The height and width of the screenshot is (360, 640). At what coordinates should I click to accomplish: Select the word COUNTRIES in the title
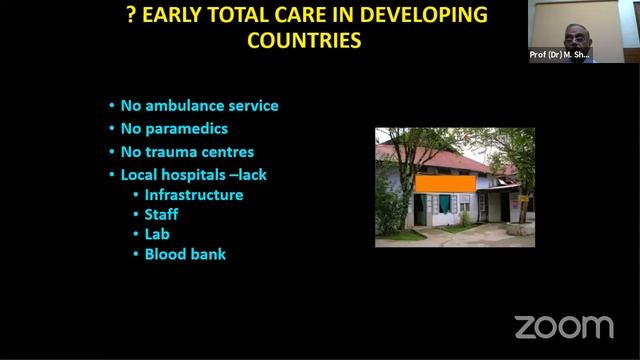coord(304,41)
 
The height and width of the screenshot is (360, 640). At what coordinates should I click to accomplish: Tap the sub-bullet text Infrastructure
coord(194,194)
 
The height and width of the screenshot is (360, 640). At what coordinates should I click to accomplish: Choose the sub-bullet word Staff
coord(161,214)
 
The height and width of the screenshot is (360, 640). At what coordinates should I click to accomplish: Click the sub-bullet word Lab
coord(157,234)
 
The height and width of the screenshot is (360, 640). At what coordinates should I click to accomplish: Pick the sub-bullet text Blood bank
coord(185,254)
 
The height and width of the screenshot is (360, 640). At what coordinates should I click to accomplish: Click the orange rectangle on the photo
coord(445,184)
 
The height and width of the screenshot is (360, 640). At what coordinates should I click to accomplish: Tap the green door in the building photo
coord(444,205)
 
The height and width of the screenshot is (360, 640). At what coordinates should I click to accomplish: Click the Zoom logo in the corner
coord(563,326)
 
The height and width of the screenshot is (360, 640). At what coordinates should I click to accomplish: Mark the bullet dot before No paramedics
coord(112,130)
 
